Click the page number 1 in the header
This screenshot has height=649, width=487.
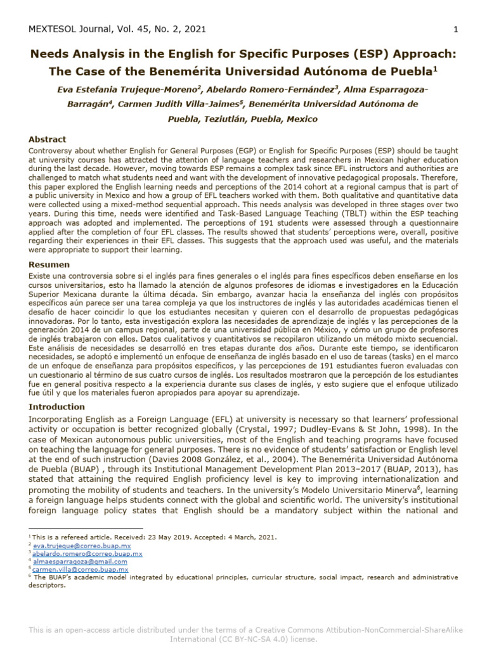[455, 29]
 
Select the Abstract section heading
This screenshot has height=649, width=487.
[47, 139]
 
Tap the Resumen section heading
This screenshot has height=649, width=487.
[49, 264]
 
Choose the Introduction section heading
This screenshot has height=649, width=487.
[56, 406]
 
